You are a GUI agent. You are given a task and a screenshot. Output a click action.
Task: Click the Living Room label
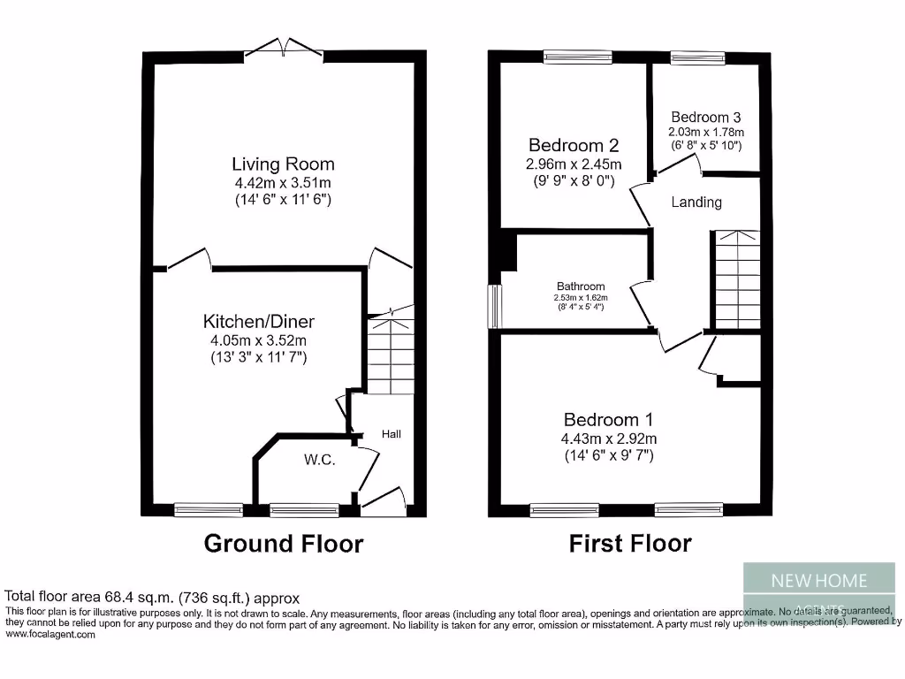pos(283,164)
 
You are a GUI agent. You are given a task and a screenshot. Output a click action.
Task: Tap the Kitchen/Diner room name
pos(258,321)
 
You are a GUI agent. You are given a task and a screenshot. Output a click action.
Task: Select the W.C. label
pos(319,460)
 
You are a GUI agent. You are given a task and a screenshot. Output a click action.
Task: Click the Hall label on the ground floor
pos(391,434)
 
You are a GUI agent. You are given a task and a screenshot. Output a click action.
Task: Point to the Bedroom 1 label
pos(610,419)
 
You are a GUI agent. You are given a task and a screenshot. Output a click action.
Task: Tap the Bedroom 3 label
pos(705,117)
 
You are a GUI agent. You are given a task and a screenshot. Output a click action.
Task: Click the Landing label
pos(696,202)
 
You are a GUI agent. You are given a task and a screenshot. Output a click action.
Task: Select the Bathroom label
pos(581,286)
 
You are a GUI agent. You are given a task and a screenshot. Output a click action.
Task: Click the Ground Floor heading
pos(283,543)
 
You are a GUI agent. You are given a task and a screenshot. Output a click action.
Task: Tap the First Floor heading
pos(630,543)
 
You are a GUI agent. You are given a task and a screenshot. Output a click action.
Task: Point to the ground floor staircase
pos(389,354)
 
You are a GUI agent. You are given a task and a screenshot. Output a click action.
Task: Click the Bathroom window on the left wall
pos(496,306)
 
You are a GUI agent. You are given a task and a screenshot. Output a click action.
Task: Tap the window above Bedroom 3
pos(696,58)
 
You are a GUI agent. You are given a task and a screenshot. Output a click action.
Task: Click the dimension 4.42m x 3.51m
pos(283,183)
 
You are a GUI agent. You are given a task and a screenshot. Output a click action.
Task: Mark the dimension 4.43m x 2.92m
pos(610,439)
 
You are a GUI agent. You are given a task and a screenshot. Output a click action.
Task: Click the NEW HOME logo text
pos(819,581)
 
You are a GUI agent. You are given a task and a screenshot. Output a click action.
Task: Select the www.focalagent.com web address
pos(50,634)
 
